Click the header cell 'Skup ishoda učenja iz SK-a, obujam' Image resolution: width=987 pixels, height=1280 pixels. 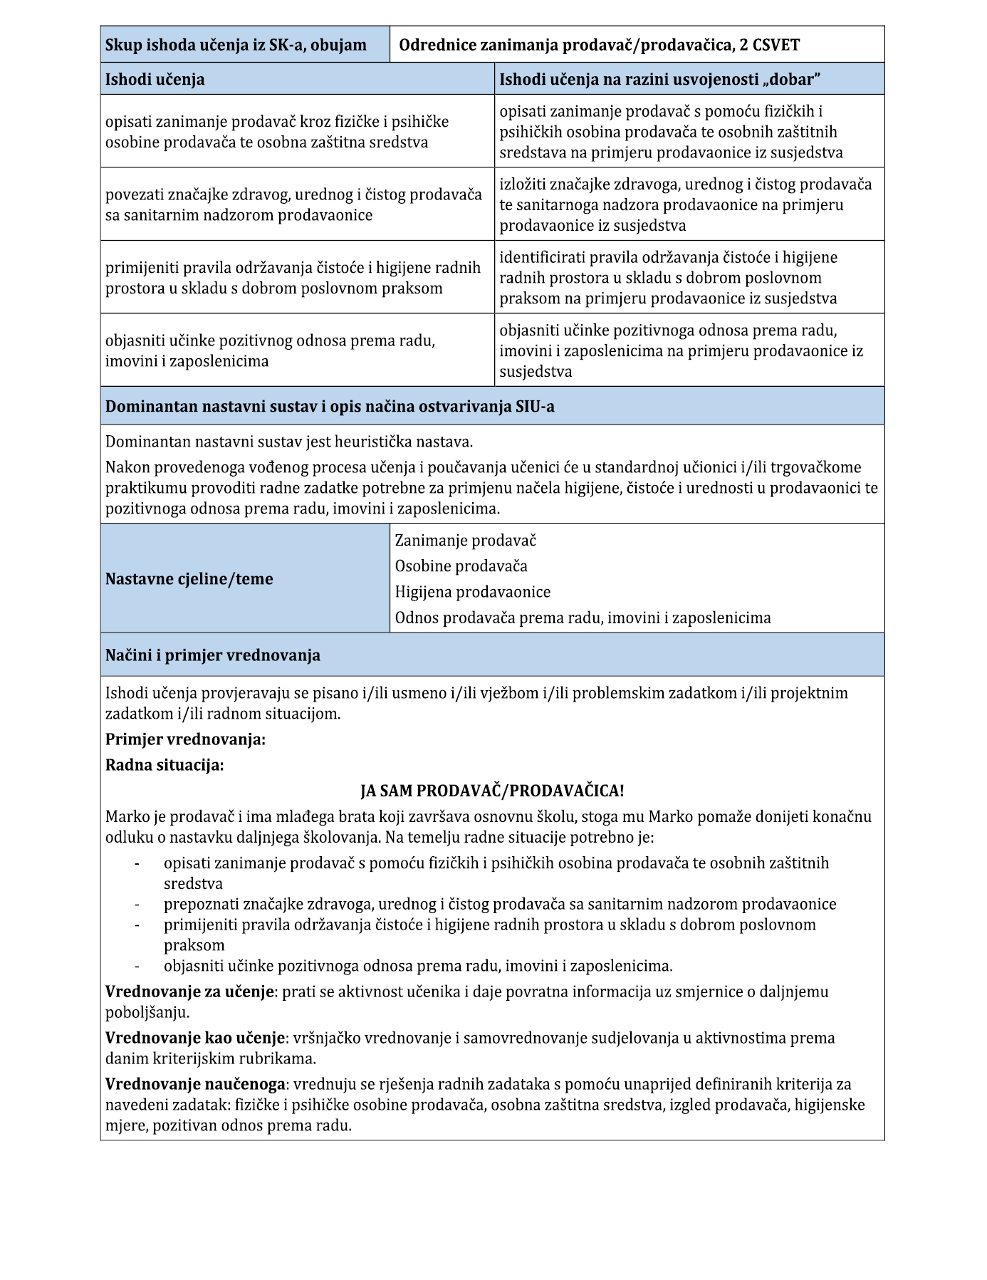point(236,46)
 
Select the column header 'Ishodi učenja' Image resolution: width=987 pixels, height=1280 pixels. point(155,80)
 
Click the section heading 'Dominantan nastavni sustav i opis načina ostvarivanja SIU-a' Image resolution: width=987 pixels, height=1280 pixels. point(330,407)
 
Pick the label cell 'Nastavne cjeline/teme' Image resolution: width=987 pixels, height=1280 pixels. point(189,579)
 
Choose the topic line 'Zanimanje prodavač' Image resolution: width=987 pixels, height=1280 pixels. point(466,541)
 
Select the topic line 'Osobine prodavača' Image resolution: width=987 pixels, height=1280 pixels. point(461,566)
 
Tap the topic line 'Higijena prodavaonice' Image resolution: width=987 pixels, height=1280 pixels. point(473,592)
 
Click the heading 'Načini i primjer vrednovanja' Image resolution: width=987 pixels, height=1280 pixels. point(213,655)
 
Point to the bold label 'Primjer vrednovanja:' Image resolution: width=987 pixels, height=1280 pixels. point(185,739)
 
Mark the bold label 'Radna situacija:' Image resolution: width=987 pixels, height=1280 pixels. point(164,765)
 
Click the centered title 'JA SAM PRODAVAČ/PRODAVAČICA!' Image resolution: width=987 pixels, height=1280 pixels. point(492,791)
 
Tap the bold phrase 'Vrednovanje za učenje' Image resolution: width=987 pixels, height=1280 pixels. point(190,992)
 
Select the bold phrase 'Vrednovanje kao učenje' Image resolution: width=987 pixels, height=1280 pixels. point(195,1038)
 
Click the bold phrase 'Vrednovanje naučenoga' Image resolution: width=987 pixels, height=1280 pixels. point(196,1084)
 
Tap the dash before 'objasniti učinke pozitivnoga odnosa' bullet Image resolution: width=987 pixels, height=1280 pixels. point(136,967)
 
